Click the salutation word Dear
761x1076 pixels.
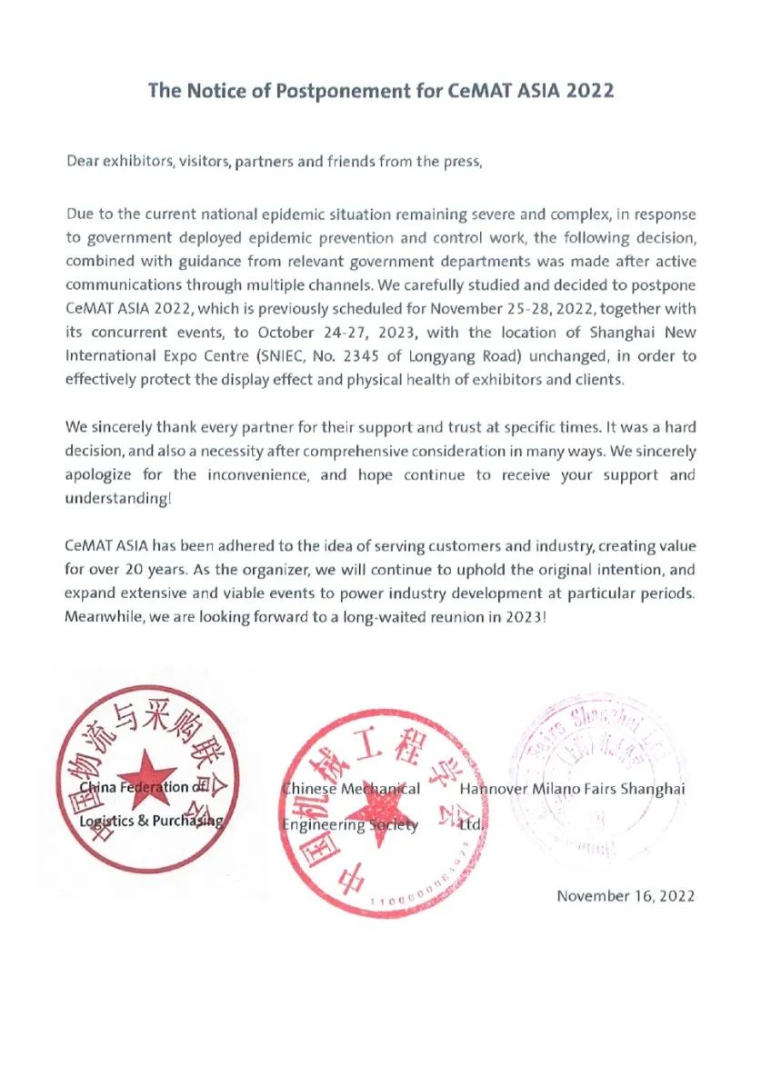pyautogui.click(x=85, y=162)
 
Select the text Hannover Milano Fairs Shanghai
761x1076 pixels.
pyautogui.click(x=572, y=789)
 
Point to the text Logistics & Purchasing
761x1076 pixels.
pyautogui.click(x=151, y=821)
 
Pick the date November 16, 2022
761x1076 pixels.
pyautogui.click(x=626, y=896)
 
